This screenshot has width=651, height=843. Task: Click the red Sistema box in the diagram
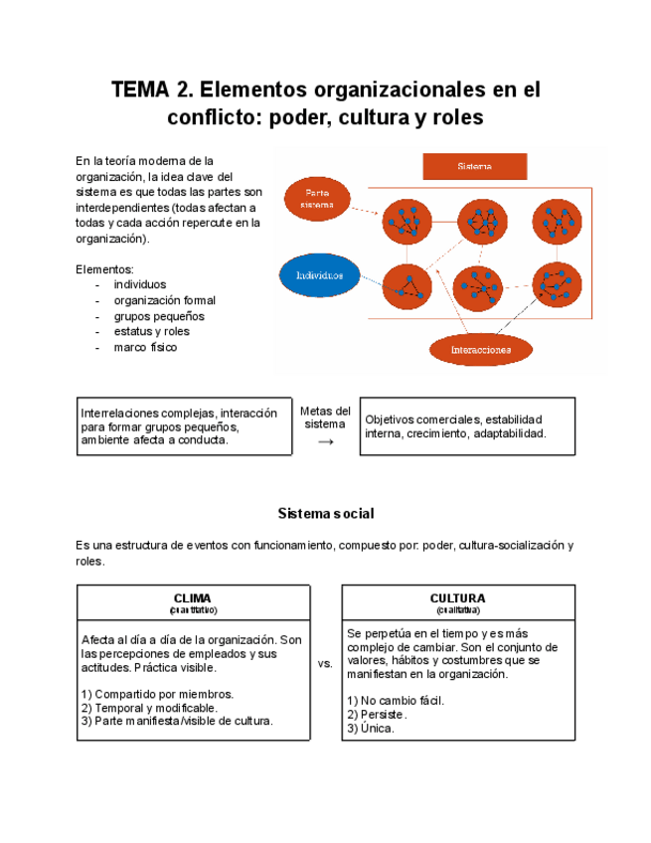click(474, 167)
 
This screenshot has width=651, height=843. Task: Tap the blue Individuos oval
click(319, 274)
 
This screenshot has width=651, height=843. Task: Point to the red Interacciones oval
click(480, 350)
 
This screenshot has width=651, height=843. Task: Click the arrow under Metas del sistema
click(325, 441)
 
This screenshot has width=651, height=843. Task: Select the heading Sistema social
click(325, 514)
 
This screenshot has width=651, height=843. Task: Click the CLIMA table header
click(193, 598)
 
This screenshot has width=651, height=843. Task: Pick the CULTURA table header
click(457, 598)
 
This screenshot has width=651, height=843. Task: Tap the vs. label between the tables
click(325, 663)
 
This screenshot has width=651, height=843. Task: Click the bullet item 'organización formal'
click(164, 300)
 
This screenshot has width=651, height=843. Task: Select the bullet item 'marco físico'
click(145, 348)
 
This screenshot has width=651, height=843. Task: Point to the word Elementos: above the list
click(104, 269)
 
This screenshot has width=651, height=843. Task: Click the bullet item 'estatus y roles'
click(151, 332)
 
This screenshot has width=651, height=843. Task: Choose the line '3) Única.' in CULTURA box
click(371, 729)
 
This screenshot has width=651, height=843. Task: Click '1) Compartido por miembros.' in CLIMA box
click(157, 694)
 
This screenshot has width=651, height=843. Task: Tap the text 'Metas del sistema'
click(325, 418)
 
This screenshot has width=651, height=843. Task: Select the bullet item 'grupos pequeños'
click(158, 316)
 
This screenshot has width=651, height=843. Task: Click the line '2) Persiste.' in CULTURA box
click(377, 715)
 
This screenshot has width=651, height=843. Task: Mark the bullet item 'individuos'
click(140, 284)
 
